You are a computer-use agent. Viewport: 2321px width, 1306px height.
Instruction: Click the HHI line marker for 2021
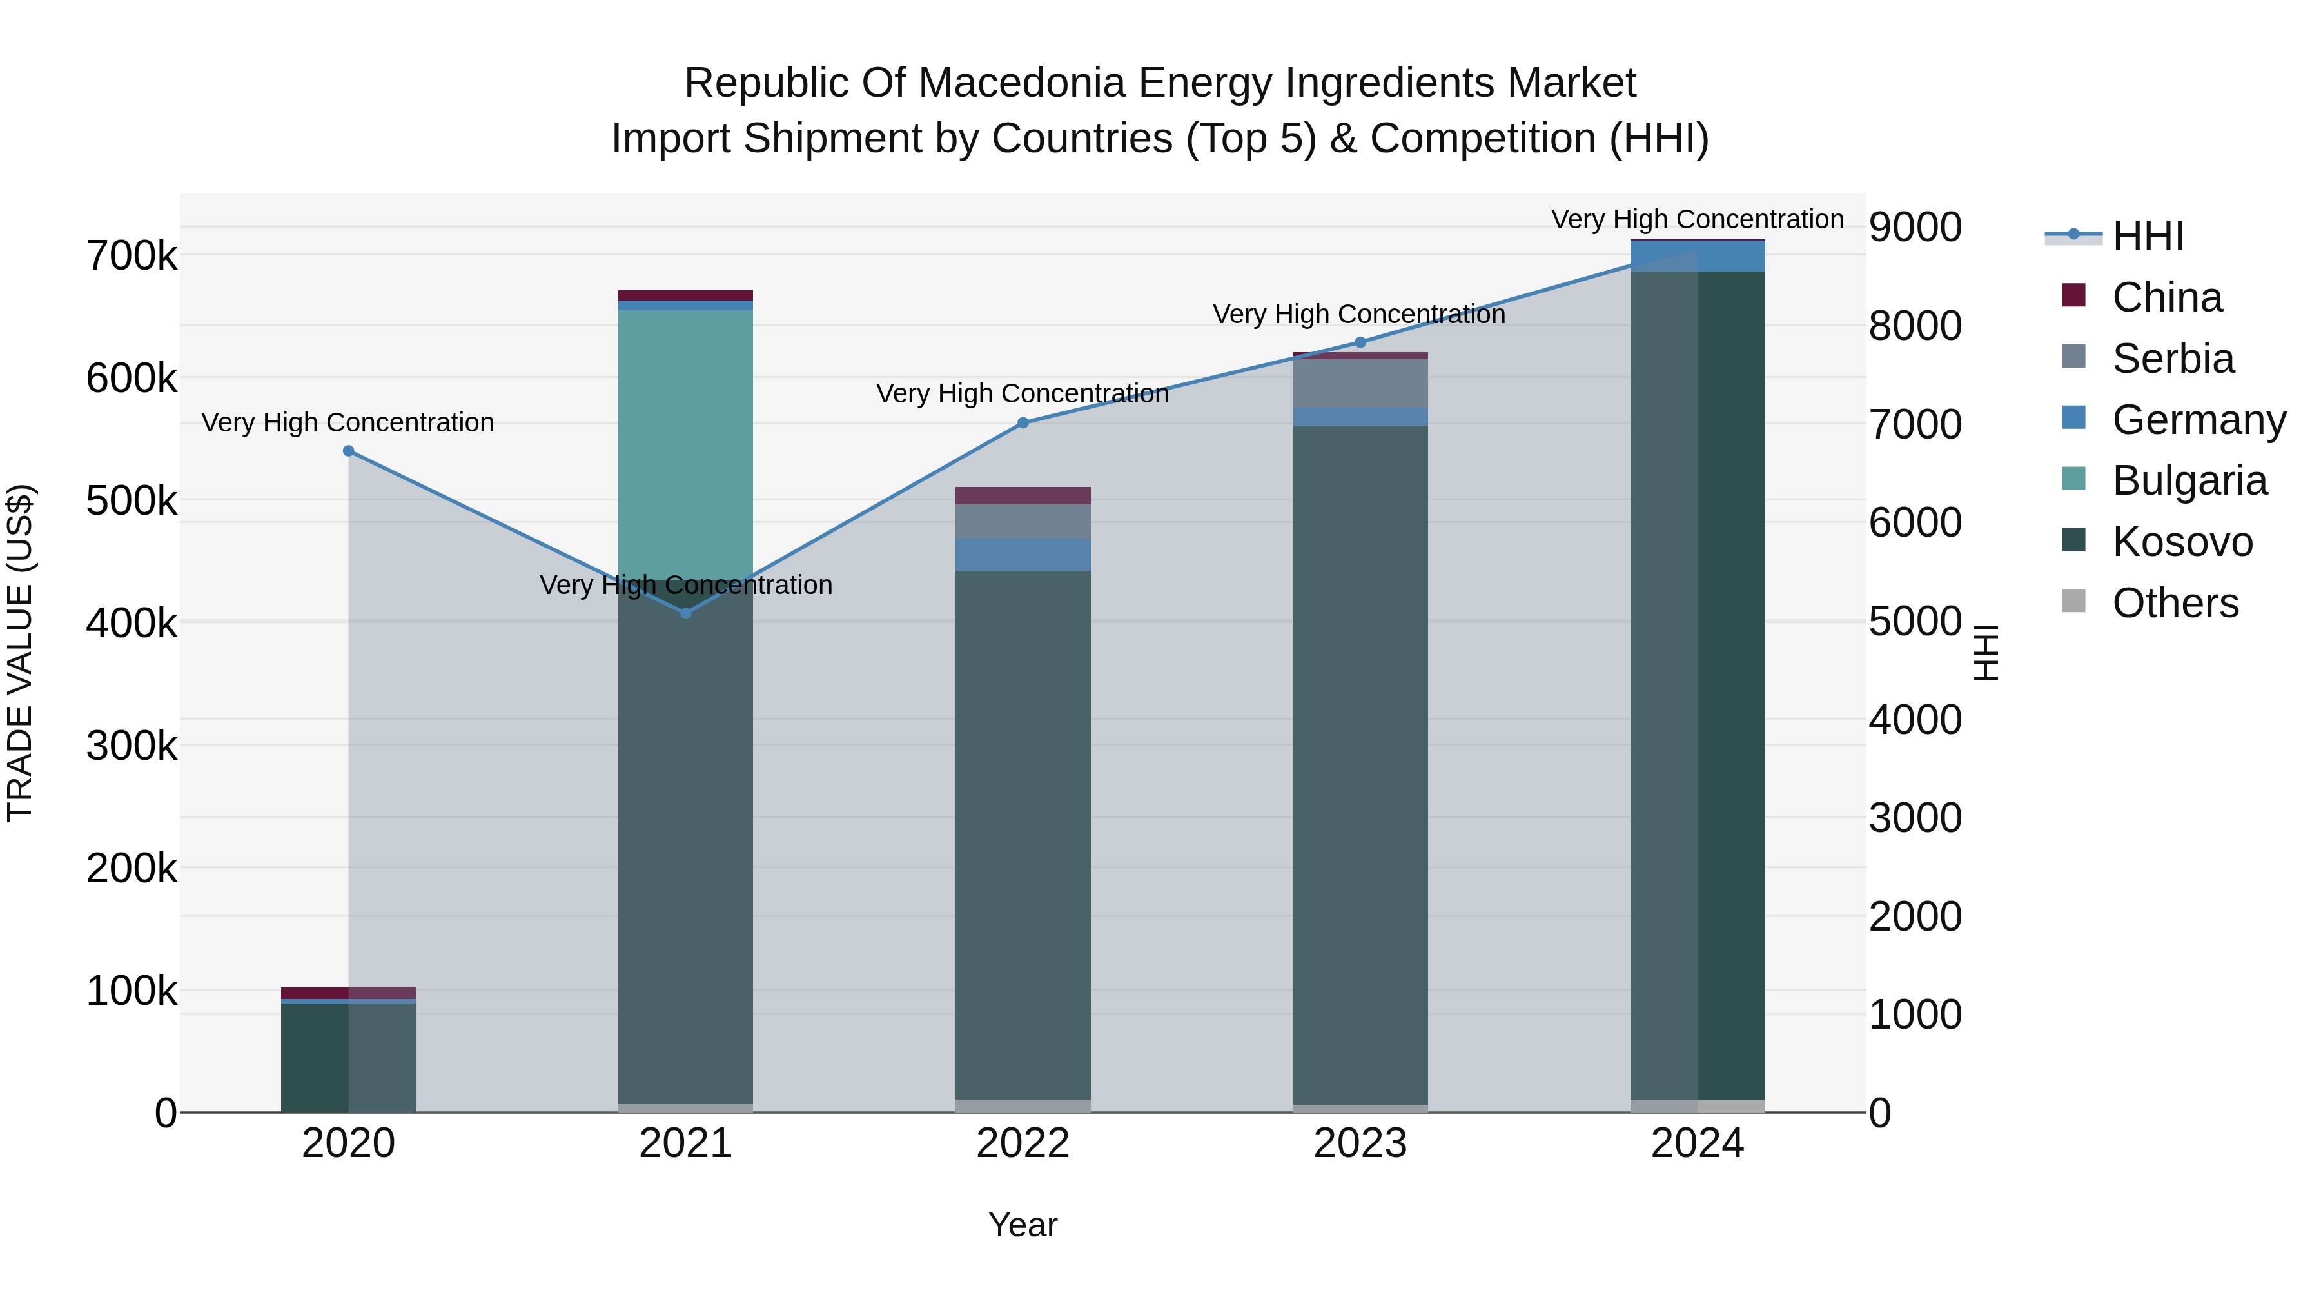coord(686,613)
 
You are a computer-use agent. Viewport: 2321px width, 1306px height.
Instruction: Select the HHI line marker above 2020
coord(349,451)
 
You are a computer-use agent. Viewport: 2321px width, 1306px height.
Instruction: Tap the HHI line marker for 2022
coord(1023,422)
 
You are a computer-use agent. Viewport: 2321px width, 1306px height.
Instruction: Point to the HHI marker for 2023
coord(1360,342)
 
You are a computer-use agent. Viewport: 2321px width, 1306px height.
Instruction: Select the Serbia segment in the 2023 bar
coord(1360,383)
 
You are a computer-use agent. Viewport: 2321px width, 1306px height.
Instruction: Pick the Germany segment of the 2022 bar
coord(1023,554)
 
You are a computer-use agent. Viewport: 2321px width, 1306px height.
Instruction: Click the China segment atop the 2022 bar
coord(1023,496)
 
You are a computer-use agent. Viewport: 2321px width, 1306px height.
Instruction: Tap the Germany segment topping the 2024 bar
coord(1698,256)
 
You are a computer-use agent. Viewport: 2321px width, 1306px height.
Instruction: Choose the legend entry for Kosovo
coord(2181,542)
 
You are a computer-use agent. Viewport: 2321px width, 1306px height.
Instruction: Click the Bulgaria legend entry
coord(2189,480)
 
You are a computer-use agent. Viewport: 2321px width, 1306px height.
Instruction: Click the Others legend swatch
coord(2074,601)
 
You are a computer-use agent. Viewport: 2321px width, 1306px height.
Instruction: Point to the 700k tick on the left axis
coord(132,256)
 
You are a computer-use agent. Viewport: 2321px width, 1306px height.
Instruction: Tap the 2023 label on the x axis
coord(1360,1143)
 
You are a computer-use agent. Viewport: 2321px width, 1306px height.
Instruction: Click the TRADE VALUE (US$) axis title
coord(20,653)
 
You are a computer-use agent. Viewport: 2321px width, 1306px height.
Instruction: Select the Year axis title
coord(1023,1225)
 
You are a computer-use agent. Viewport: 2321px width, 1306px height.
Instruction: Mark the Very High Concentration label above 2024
coord(1698,219)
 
